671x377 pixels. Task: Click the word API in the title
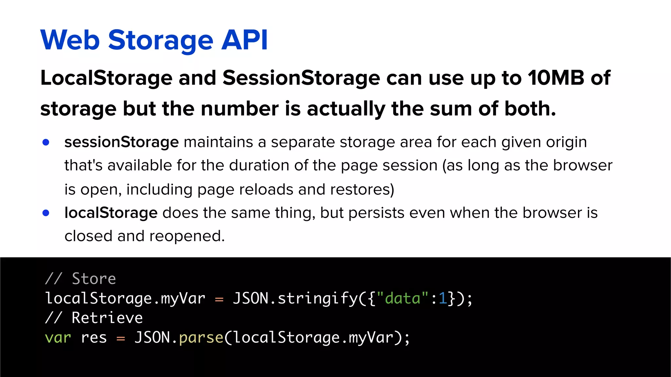(x=244, y=40)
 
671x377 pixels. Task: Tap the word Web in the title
(x=70, y=40)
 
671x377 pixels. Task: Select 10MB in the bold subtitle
(x=556, y=78)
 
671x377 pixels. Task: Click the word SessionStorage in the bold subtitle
(x=301, y=78)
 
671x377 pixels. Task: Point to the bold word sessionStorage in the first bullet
(x=121, y=142)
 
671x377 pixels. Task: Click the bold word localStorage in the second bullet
(x=111, y=213)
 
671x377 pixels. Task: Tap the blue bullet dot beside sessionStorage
(x=46, y=142)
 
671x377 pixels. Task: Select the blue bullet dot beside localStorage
(x=46, y=213)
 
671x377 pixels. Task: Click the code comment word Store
(x=94, y=279)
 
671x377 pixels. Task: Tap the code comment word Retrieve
(x=107, y=318)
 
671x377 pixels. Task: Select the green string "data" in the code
(x=403, y=298)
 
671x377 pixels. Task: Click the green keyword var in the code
(x=58, y=337)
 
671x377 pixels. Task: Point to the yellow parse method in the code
(x=201, y=337)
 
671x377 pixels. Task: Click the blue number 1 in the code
(x=443, y=298)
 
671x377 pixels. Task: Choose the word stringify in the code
(x=318, y=298)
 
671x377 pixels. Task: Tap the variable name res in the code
(x=94, y=337)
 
